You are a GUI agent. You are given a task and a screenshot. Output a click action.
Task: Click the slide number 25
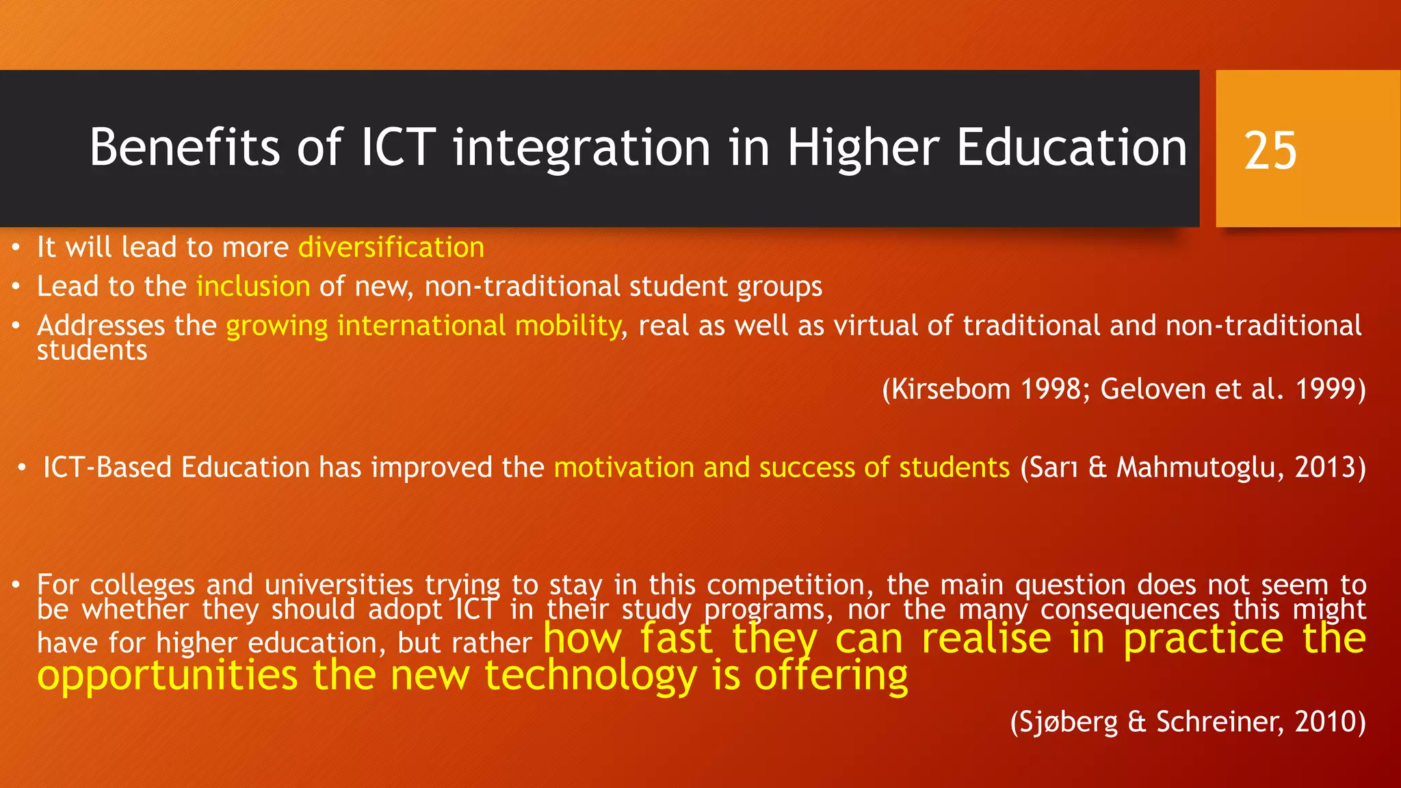point(1270,150)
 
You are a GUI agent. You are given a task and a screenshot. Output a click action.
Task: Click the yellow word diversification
point(391,247)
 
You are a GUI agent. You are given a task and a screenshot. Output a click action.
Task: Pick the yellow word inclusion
point(253,286)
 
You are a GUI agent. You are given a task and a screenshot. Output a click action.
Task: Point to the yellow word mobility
point(568,326)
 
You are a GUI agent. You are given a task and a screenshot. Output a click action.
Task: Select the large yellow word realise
point(986,639)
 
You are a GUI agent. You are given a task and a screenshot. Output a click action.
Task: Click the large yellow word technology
point(591,676)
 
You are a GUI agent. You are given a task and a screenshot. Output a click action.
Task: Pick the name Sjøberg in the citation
point(1064,722)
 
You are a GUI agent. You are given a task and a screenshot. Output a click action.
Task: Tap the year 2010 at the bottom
point(1326,722)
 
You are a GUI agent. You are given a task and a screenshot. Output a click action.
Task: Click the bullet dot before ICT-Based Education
point(22,468)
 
